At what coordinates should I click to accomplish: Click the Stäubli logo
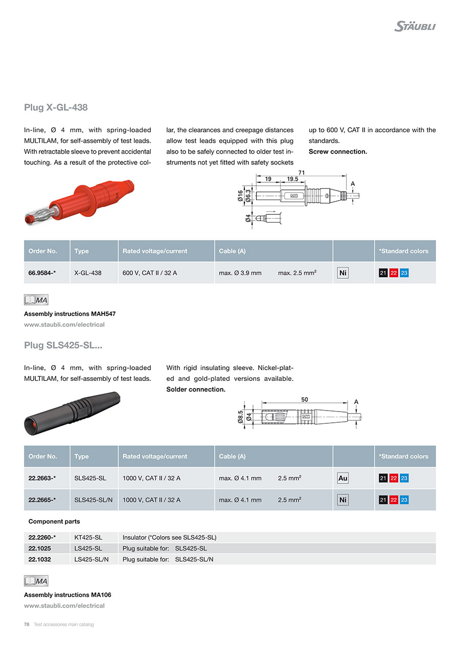[415, 26]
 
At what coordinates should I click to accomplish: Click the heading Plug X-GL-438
[56, 107]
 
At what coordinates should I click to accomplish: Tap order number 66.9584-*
[42, 273]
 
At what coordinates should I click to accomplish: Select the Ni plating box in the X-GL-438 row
[343, 273]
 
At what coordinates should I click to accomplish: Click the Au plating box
[343, 478]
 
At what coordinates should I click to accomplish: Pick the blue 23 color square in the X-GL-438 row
[404, 273]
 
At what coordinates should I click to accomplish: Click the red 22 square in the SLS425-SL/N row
[394, 500]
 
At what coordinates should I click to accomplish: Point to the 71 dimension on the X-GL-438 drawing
[302, 173]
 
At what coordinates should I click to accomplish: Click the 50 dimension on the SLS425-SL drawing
[305, 400]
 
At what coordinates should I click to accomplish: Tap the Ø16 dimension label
[241, 196]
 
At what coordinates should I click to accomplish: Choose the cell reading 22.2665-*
[42, 500]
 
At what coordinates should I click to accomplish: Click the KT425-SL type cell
[88, 537]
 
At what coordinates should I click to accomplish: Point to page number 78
[27, 624]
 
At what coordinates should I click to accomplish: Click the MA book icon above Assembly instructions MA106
[36, 581]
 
